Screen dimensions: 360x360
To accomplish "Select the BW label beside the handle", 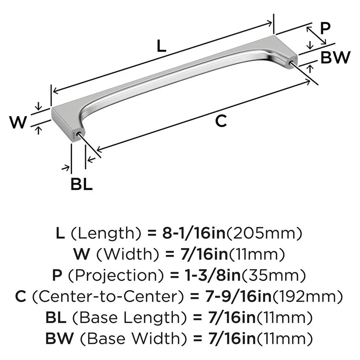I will (x=335, y=58).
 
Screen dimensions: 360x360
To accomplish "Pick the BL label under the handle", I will (x=81, y=185).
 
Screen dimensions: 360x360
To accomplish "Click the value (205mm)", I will (x=264, y=234).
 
